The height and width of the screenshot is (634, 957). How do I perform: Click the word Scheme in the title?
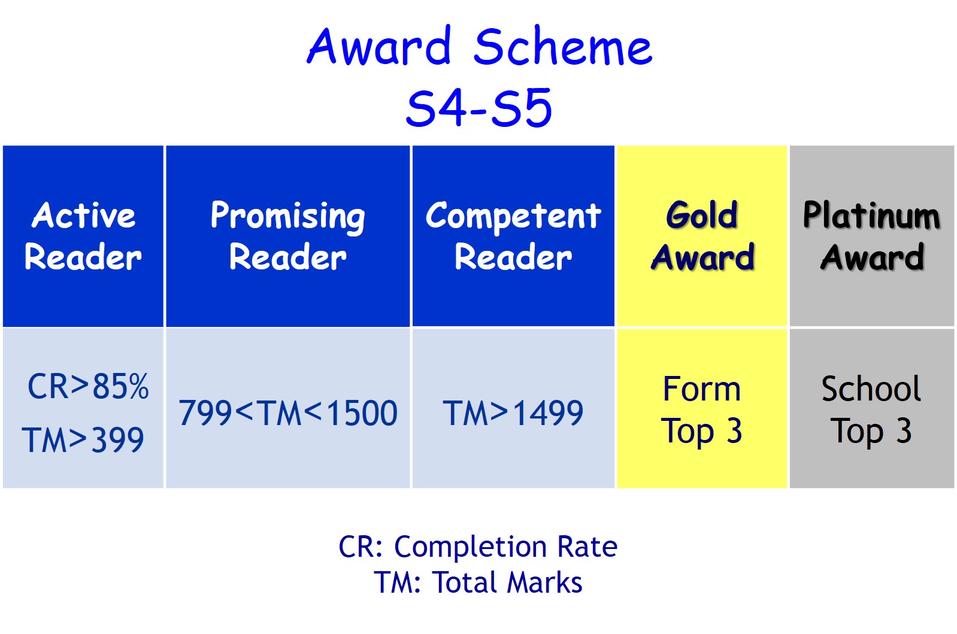(x=563, y=45)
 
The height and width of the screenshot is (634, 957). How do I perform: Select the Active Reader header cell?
(x=83, y=236)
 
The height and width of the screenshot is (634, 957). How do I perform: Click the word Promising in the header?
(x=287, y=217)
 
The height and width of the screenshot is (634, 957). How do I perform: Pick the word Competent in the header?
(x=513, y=217)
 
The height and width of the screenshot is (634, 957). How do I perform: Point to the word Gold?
(x=701, y=214)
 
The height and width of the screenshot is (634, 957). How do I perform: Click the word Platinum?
(x=871, y=215)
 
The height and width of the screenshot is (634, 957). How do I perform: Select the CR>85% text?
(x=88, y=387)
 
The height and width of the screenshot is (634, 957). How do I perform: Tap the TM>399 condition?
(x=83, y=439)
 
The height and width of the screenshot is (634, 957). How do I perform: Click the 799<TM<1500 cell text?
(x=288, y=413)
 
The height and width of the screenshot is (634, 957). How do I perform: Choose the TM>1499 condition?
(x=513, y=413)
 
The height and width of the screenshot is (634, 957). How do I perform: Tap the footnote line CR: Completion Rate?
(x=478, y=547)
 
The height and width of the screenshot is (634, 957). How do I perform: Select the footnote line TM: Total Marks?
(x=478, y=583)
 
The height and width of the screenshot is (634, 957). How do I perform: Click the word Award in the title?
(x=379, y=45)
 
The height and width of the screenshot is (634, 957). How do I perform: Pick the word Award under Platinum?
(x=872, y=257)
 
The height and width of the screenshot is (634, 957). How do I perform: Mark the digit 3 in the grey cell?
(x=904, y=430)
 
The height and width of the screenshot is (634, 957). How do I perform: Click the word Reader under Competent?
(x=513, y=257)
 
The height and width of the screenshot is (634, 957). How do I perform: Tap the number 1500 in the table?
(x=362, y=413)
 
